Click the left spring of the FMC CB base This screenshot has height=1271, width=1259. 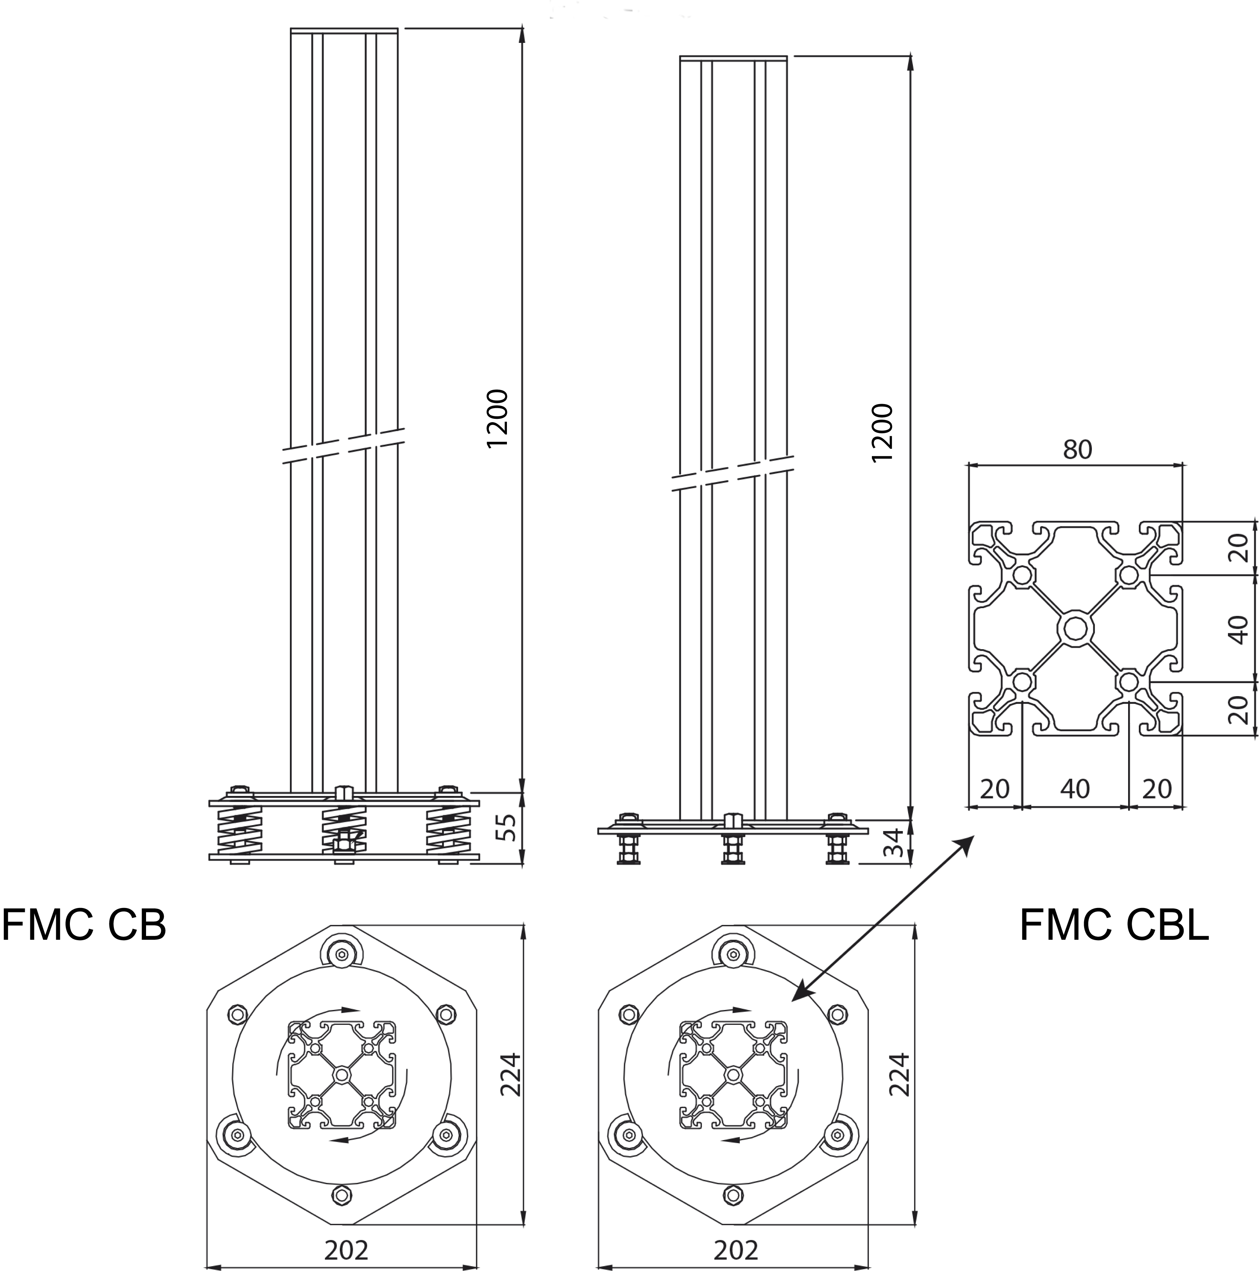click(240, 831)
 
